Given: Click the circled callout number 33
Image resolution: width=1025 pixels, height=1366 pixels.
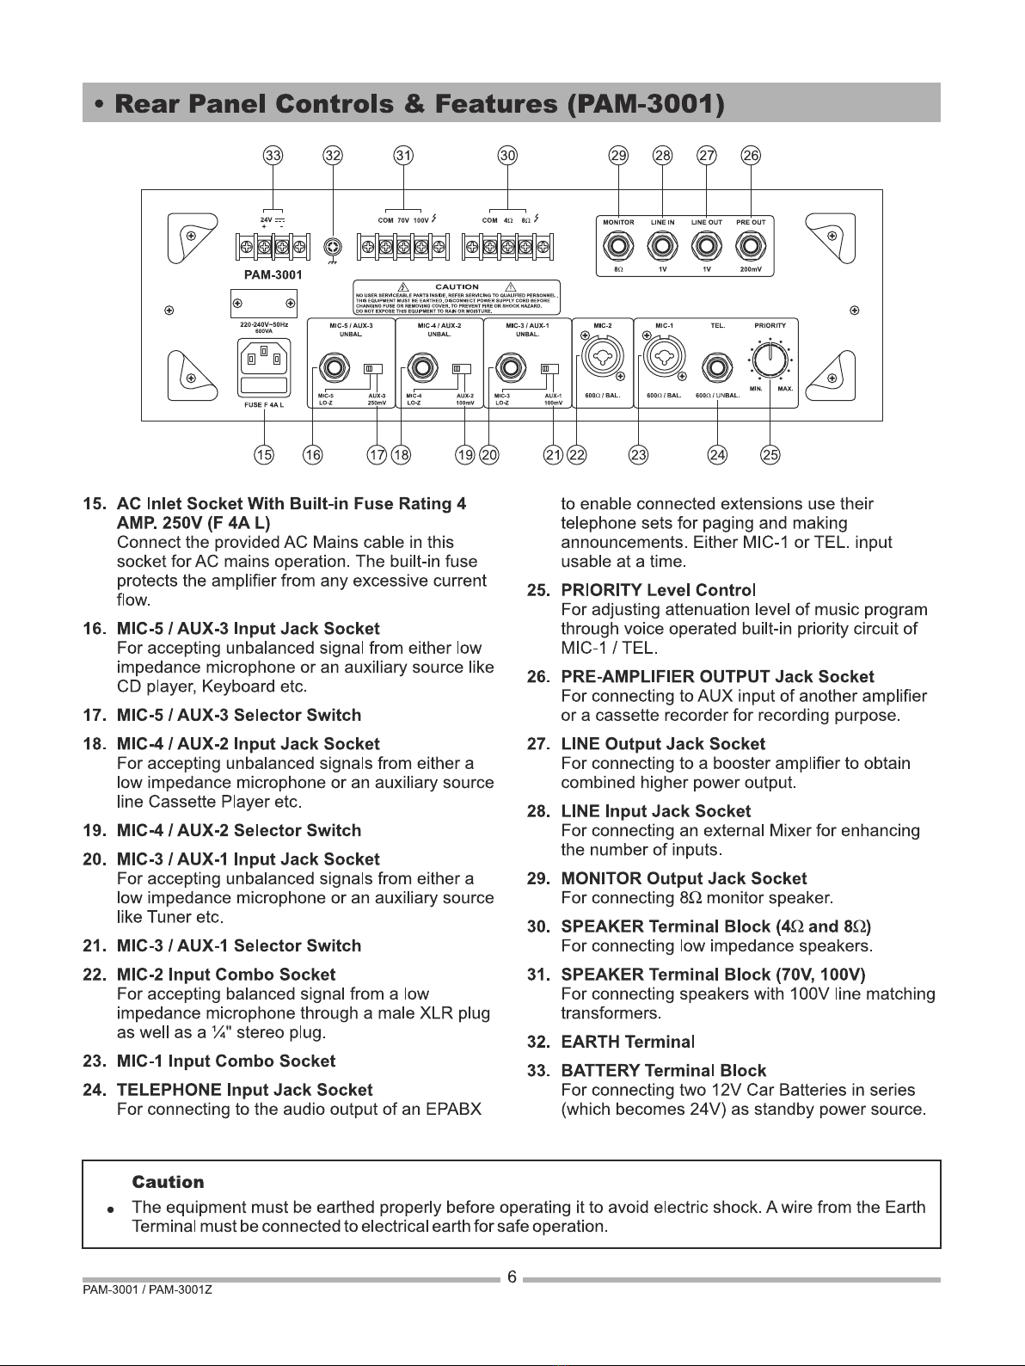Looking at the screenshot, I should [273, 156].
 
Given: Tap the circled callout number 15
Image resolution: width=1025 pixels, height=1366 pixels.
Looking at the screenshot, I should [264, 456].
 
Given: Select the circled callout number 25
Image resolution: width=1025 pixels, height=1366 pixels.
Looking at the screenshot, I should [770, 456].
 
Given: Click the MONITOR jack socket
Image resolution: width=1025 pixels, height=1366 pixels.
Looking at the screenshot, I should [618, 247].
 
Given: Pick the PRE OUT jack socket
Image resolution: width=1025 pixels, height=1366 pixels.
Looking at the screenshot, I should [752, 247].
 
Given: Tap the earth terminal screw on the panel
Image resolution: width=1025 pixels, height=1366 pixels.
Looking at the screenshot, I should [333, 249].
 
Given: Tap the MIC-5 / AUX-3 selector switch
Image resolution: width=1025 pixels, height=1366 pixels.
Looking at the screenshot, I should [372, 369].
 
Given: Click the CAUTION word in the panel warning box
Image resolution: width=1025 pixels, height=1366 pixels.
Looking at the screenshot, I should [457, 286].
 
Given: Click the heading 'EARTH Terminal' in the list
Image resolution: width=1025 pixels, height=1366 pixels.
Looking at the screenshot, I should [627, 1042].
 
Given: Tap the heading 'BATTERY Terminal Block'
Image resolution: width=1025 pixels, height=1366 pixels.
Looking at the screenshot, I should [663, 1070].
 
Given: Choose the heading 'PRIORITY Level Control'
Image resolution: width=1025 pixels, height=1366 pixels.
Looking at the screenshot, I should [659, 590].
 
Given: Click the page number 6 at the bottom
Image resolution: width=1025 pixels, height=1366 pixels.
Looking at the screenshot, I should [512, 1277].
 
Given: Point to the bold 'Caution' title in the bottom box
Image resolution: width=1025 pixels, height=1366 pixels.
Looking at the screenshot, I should [168, 1182].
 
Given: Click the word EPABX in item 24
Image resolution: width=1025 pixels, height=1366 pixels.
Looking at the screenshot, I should [453, 1109].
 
